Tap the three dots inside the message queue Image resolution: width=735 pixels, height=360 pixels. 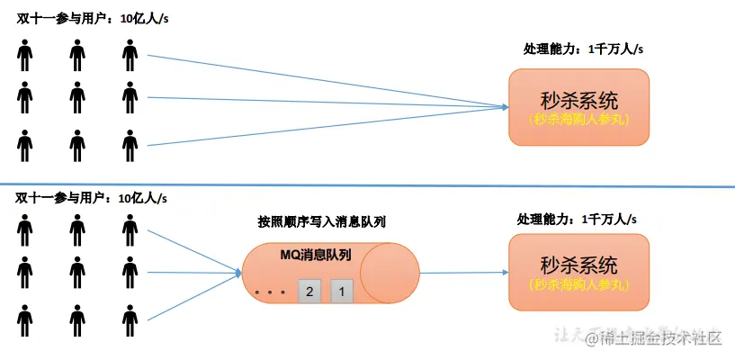(x=270, y=292)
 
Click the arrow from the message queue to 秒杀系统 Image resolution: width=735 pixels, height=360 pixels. (x=459, y=273)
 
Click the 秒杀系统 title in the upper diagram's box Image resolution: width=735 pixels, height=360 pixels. (x=578, y=99)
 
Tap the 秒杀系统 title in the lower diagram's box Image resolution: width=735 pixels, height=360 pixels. (x=578, y=265)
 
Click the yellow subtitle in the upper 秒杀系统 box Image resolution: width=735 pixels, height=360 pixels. (x=578, y=119)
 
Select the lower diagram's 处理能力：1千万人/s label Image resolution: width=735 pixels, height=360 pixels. (x=577, y=219)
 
